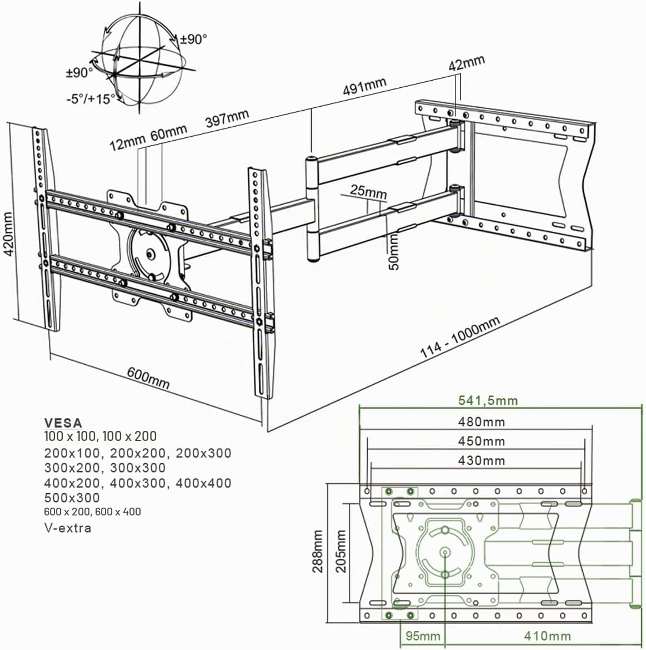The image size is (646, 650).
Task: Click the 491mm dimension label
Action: [365, 86]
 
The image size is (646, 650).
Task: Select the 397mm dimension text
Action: [228, 118]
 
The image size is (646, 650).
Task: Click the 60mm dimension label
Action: [168, 133]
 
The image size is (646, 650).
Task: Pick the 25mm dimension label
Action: [368, 191]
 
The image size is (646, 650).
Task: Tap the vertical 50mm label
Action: [394, 252]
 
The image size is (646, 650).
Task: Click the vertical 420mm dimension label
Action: [9, 234]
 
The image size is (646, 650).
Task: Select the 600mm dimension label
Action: [148, 377]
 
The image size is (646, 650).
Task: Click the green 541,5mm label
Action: [488, 400]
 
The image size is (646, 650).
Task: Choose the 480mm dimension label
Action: [482, 422]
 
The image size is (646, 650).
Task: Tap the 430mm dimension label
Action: [482, 460]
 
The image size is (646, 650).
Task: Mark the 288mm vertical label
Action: [318, 551]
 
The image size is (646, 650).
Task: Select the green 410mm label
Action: [548, 636]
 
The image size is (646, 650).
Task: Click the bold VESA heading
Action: [63, 423]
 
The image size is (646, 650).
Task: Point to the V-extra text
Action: [68, 528]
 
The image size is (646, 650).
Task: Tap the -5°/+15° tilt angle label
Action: [91, 98]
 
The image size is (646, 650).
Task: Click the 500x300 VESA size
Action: [72, 498]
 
